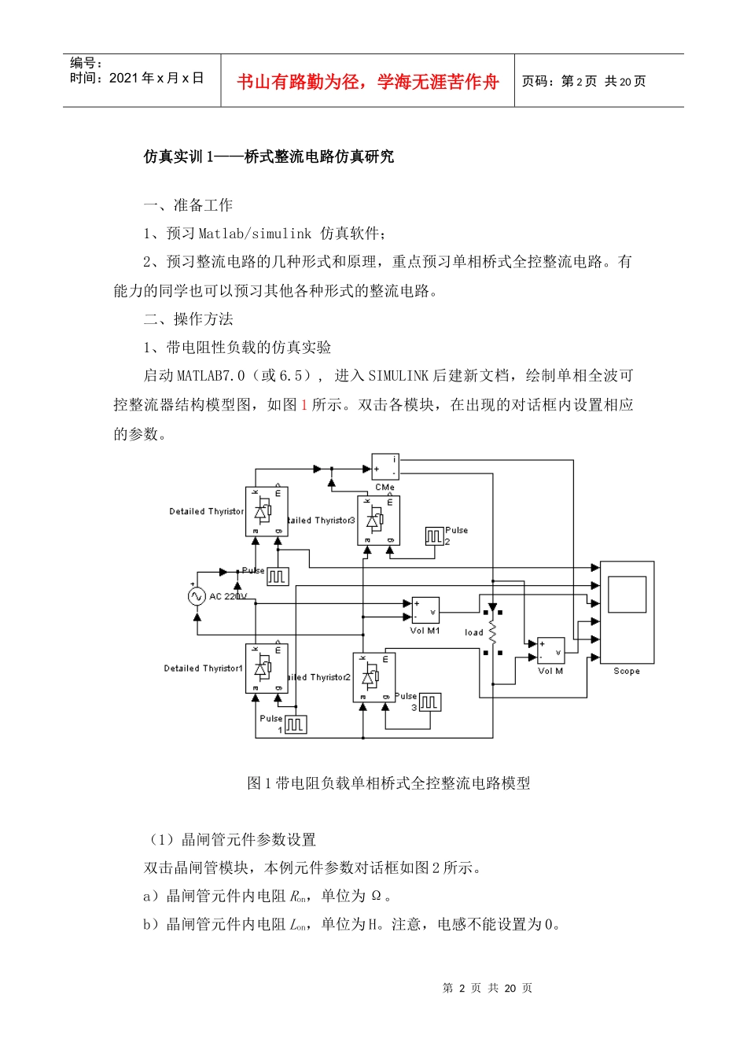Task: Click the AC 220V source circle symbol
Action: coord(197,597)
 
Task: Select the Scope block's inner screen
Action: coord(627,595)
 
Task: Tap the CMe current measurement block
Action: coord(385,466)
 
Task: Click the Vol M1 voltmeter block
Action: coord(425,611)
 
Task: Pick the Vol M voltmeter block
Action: coord(550,651)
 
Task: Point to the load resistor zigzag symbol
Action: coord(493,632)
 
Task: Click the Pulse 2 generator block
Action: coord(434,536)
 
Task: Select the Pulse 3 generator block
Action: coord(430,702)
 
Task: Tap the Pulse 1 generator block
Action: coord(295,724)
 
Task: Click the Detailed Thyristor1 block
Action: coord(267,668)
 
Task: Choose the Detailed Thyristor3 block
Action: coord(379,520)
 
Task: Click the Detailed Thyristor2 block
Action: coord(374,677)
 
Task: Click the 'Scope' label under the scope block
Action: coord(627,672)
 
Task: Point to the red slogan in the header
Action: coord(367,82)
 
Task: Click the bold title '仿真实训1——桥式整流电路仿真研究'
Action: coord(269,157)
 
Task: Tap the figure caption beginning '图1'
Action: coord(388,783)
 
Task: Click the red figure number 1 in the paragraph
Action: coord(304,405)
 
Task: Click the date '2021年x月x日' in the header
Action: coord(156,78)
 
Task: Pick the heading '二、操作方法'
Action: coord(189,319)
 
